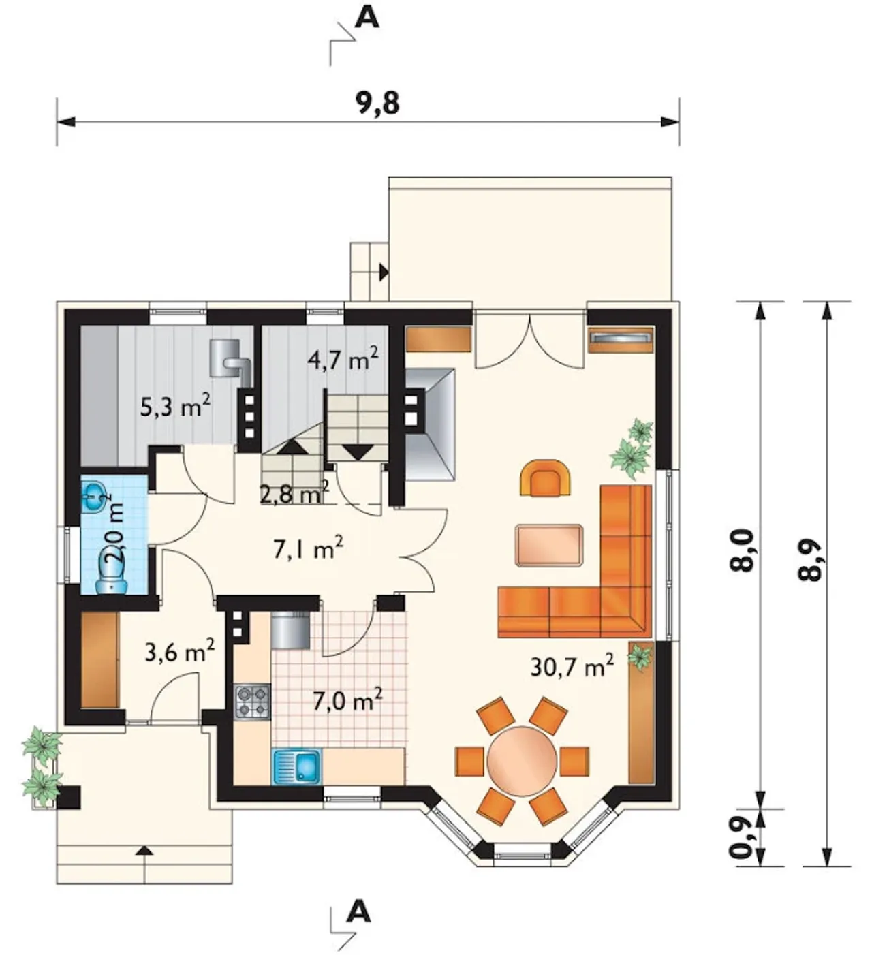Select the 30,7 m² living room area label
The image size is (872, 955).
(572, 666)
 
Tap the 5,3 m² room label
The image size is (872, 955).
(175, 406)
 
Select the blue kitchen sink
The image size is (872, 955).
(297, 766)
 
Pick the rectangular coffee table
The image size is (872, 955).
(549, 545)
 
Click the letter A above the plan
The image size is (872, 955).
(368, 18)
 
